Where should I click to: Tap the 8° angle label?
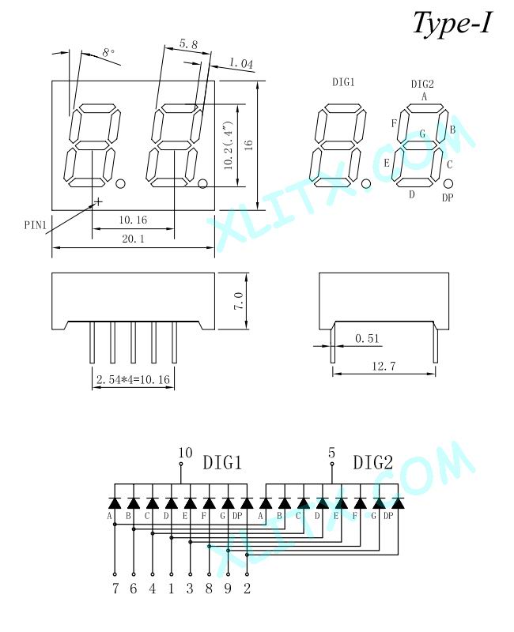[x=108, y=53]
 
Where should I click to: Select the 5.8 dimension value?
[x=188, y=43]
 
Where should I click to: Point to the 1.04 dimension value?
[x=241, y=63]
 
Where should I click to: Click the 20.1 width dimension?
[x=133, y=239]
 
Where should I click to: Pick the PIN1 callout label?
[x=36, y=225]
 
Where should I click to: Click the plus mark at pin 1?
[x=98, y=201]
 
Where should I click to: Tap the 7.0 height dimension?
[x=239, y=301]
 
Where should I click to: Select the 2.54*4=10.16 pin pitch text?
[x=133, y=380]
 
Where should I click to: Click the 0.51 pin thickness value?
[x=367, y=339]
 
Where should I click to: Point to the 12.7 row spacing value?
[x=384, y=367]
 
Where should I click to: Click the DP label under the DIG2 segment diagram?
[x=448, y=197]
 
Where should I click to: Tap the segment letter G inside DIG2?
[x=422, y=134]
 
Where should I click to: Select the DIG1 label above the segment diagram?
[x=343, y=82]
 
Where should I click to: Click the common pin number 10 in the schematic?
[x=185, y=453]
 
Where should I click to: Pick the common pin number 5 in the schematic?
[x=331, y=453]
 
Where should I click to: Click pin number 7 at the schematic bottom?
[x=115, y=589]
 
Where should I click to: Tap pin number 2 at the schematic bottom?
[x=247, y=589]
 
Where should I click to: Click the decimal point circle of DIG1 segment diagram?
[x=366, y=184]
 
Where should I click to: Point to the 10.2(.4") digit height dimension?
[x=229, y=145]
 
